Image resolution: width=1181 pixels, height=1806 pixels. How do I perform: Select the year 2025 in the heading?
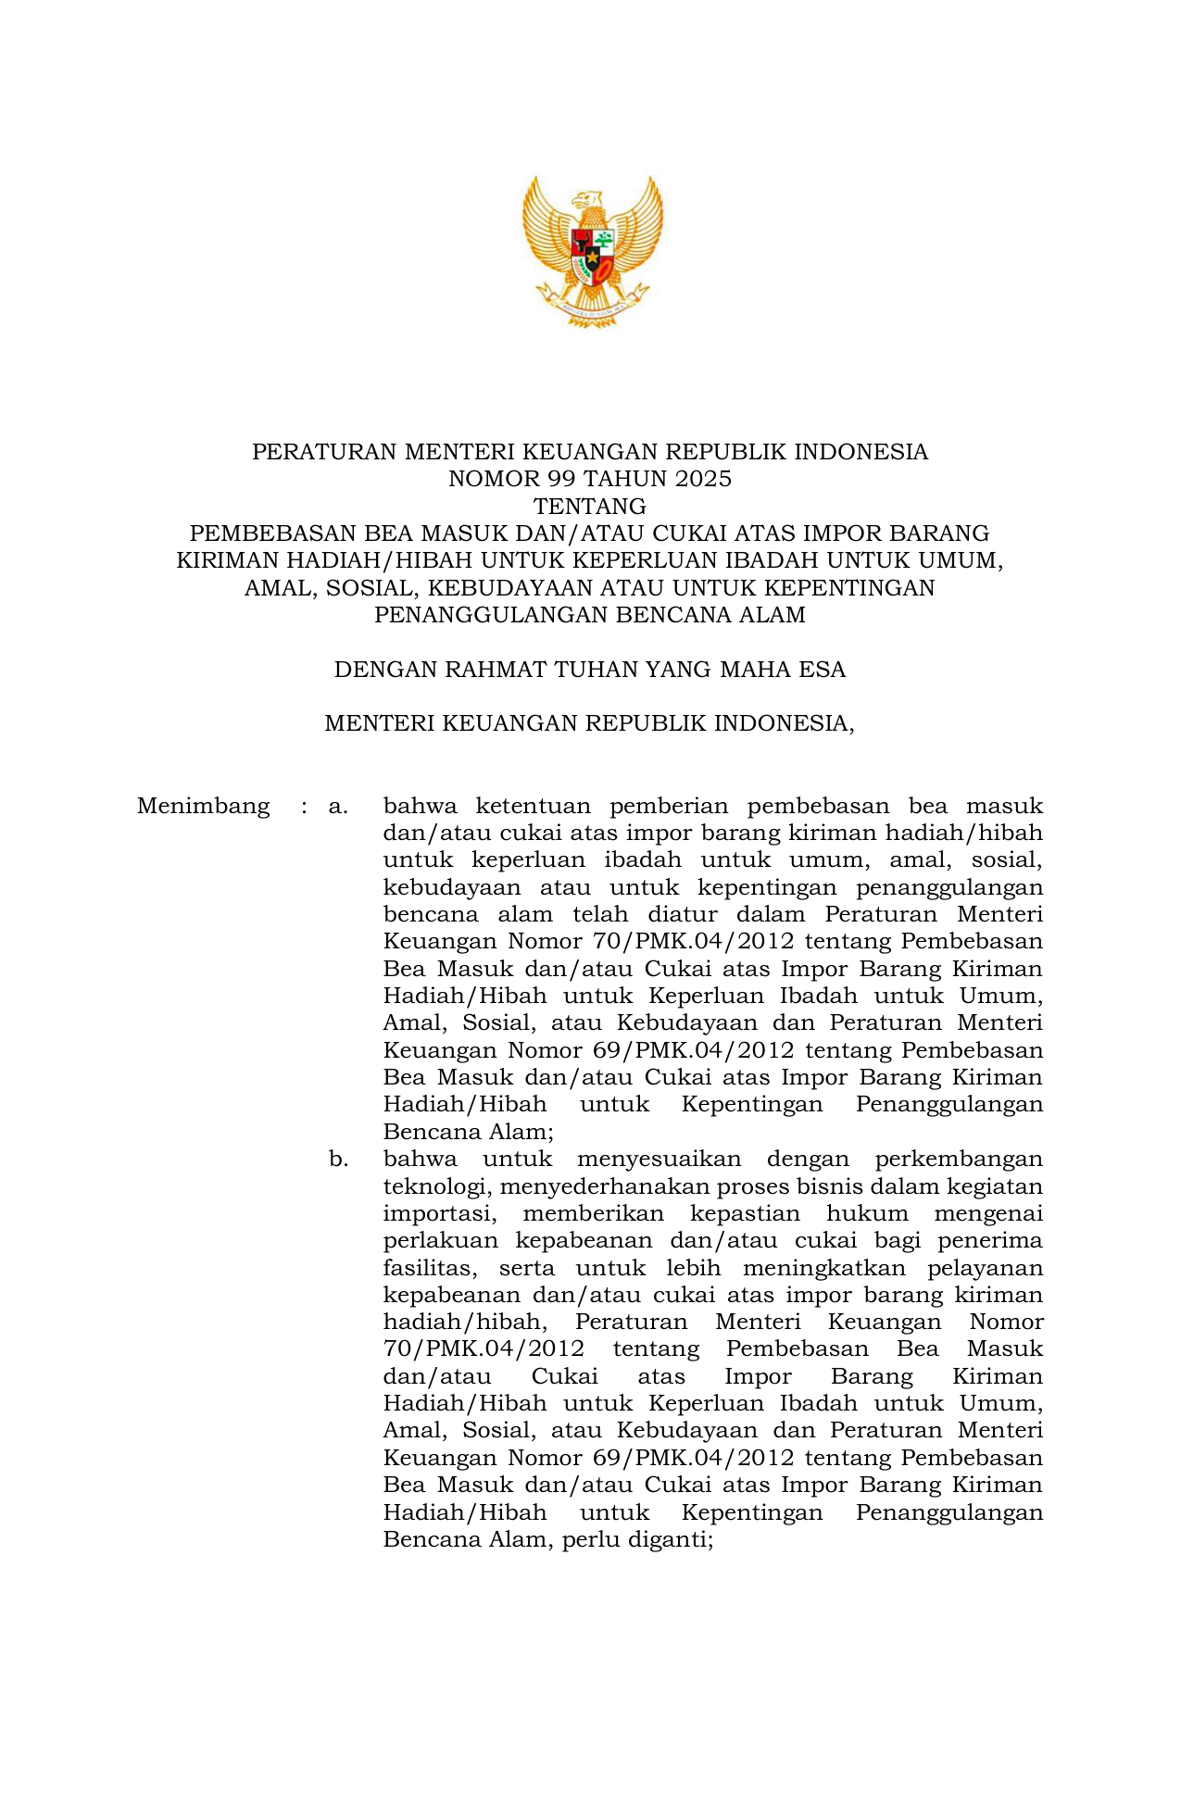point(703,479)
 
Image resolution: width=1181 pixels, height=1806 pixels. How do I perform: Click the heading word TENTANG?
point(590,507)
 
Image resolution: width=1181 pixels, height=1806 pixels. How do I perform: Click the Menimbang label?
point(203,807)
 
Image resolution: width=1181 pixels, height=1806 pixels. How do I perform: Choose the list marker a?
point(338,807)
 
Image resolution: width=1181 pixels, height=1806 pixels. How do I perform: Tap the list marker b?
point(338,1160)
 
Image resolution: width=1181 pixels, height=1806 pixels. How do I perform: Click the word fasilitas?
point(428,1269)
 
